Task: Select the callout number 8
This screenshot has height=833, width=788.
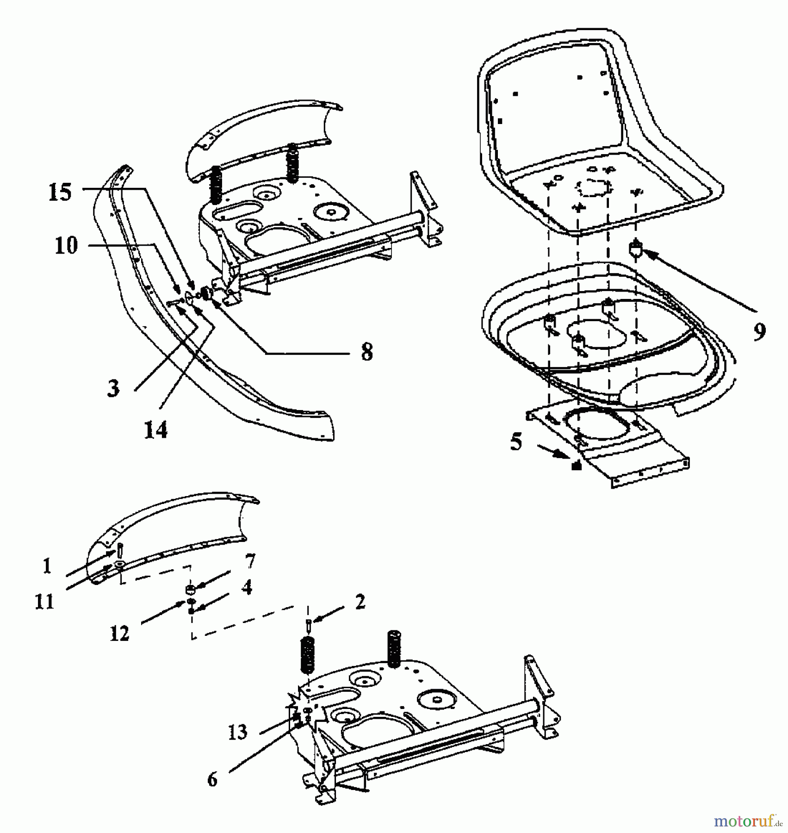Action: (366, 352)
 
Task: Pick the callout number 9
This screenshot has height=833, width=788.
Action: (759, 332)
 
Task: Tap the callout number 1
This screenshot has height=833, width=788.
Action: (47, 566)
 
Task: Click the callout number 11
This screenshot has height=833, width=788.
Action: (44, 602)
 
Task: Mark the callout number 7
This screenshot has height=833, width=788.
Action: (250, 561)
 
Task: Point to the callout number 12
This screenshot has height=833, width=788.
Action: (119, 633)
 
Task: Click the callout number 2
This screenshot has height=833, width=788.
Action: (360, 602)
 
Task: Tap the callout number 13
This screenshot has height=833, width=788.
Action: (238, 732)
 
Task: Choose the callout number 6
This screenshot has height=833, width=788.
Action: (212, 780)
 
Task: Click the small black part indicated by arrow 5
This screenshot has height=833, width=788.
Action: (576, 466)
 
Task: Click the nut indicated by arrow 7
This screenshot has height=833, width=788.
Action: (189, 589)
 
